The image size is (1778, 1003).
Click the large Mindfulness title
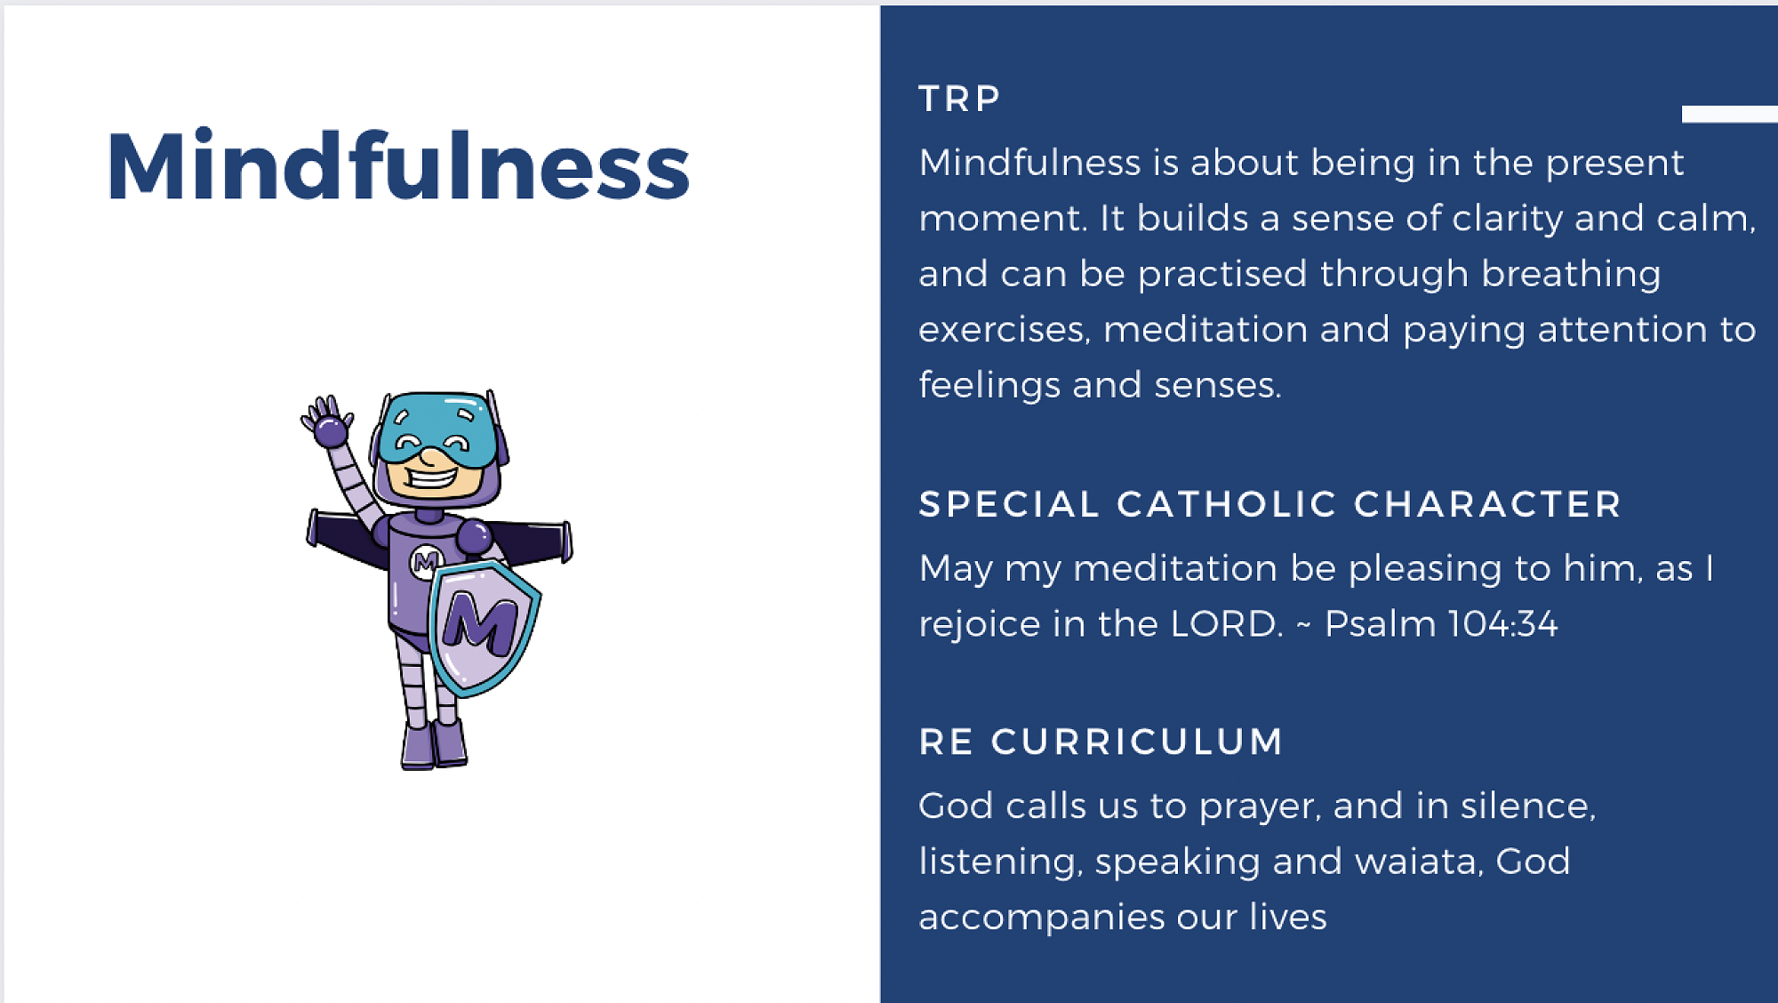(398, 165)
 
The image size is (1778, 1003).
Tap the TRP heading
(960, 99)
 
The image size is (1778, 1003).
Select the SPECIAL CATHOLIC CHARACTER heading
(1270, 504)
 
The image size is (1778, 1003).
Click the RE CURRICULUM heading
(1101, 742)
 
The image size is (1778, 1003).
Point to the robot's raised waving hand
(326, 421)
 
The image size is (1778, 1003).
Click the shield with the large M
(484, 627)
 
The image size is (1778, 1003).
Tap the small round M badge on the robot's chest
(426, 561)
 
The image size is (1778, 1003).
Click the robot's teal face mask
(436, 429)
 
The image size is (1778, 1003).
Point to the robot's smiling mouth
(433, 478)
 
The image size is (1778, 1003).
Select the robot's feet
(434, 744)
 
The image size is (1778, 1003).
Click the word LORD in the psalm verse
(1227, 623)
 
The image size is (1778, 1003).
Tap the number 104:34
(1502, 623)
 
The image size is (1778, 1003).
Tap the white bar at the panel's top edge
(1729, 114)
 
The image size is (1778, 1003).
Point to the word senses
(1218, 386)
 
